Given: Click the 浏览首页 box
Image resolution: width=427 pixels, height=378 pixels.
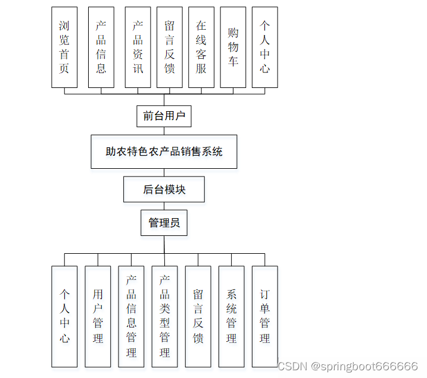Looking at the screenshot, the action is (64, 48).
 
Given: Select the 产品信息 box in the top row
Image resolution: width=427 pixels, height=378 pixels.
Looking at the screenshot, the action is (101, 48).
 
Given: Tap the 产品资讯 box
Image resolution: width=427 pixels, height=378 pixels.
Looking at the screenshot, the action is (138, 48).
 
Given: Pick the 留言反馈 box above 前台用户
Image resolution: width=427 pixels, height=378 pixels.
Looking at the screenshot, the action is (170, 48).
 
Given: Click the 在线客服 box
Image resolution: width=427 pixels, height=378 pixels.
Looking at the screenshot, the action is (201, 48).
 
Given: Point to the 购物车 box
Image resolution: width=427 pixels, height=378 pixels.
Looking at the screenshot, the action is (233, 48).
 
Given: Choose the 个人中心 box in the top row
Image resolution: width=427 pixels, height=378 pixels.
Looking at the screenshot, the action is (265, 48).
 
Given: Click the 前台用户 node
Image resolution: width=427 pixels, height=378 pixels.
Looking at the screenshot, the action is (164, 116).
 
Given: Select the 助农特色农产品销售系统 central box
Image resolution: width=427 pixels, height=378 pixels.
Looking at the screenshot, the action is (164, 152).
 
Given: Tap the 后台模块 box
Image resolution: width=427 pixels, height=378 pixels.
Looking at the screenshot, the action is (164, 190).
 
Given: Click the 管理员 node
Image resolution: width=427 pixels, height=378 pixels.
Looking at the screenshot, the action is (164, 223).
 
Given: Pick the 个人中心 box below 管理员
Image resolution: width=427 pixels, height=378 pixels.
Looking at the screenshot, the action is (64, 316).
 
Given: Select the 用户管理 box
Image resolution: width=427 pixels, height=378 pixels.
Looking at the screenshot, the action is (98, 316).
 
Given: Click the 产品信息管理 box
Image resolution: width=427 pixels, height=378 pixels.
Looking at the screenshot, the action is (132, 316).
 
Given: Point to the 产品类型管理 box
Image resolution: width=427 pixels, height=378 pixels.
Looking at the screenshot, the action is (165, 316).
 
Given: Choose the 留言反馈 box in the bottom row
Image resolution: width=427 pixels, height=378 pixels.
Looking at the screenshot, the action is (198, 316).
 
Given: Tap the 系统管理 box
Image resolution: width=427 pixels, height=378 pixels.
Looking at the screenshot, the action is (232, 316).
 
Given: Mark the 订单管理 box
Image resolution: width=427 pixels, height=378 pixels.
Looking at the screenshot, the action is (265, 316).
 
